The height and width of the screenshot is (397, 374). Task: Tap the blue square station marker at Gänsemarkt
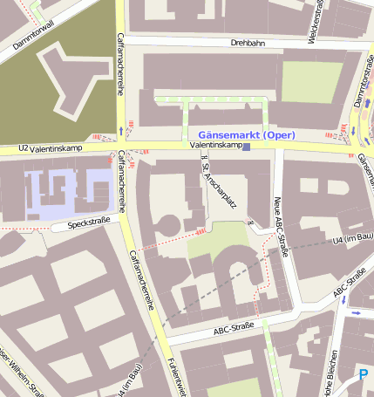[x=247, y=147]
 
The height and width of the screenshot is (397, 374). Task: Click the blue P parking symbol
[x=364, y=376]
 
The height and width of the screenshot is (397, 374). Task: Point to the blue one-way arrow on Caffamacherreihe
[x=119, y=132]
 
